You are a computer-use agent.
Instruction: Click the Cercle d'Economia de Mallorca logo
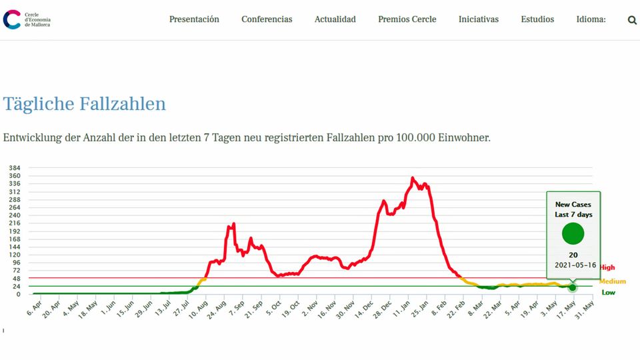(27, 19)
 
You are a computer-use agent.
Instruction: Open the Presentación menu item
(194, 19)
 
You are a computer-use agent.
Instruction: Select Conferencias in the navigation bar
(267, 19)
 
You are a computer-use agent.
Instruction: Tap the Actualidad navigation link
(335, 19)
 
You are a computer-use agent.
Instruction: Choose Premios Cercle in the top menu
(407, 19)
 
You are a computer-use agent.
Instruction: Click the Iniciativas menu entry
(478, 19)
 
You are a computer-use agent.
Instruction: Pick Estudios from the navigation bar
(537, 19)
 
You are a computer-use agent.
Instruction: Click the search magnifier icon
(632, 20)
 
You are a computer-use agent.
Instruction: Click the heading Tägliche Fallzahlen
(84, 104)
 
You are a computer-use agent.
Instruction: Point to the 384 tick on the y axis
(15, 168)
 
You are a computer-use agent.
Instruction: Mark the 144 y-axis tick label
(15, 247)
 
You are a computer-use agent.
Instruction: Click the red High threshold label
(607, 267)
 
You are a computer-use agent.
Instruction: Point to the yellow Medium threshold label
(613, 281)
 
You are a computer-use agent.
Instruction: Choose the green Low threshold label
(608, 292)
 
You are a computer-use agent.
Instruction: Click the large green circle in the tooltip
(573, 234)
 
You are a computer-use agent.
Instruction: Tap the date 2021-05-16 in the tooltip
(573, 265)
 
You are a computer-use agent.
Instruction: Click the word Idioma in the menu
(591, 19)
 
